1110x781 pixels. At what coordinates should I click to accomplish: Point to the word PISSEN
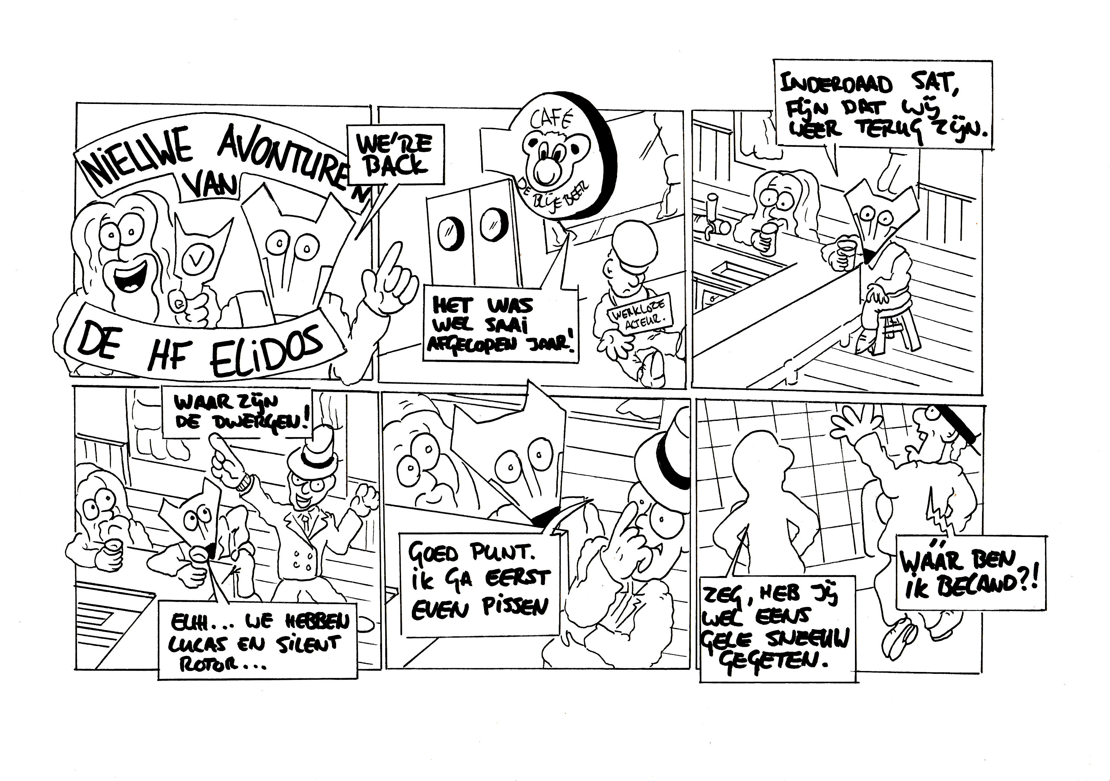pyautogui.click(x=514, y=607)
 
